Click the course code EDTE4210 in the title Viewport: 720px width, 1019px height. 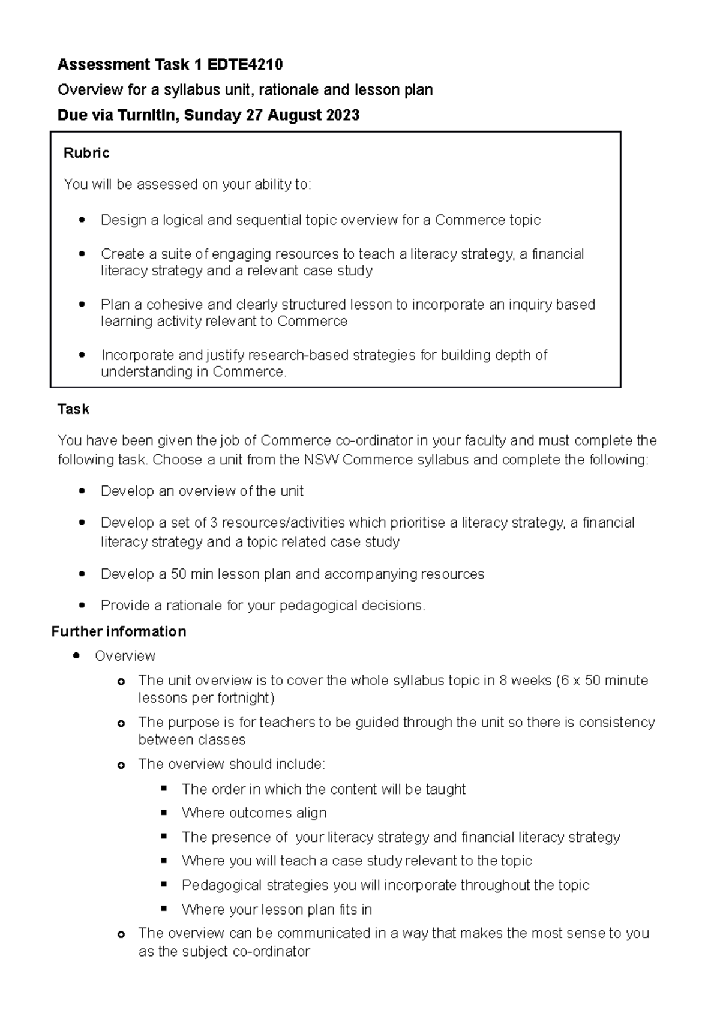pos(245,64)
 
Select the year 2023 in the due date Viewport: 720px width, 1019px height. pos(343,115)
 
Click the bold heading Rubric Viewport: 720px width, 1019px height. pos(86,153)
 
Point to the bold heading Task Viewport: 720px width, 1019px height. pos(73,409)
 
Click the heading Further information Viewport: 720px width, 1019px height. pos(119,631)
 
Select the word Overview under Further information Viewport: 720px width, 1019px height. pos(125,656)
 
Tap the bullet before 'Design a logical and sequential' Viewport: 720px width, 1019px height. pos(82,220)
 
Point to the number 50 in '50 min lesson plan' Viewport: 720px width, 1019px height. pos(178,574)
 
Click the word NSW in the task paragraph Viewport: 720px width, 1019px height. pos(322,460)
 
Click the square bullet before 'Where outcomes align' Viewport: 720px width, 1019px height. pos(164,813)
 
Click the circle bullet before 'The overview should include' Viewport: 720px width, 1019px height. pos(121,765)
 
